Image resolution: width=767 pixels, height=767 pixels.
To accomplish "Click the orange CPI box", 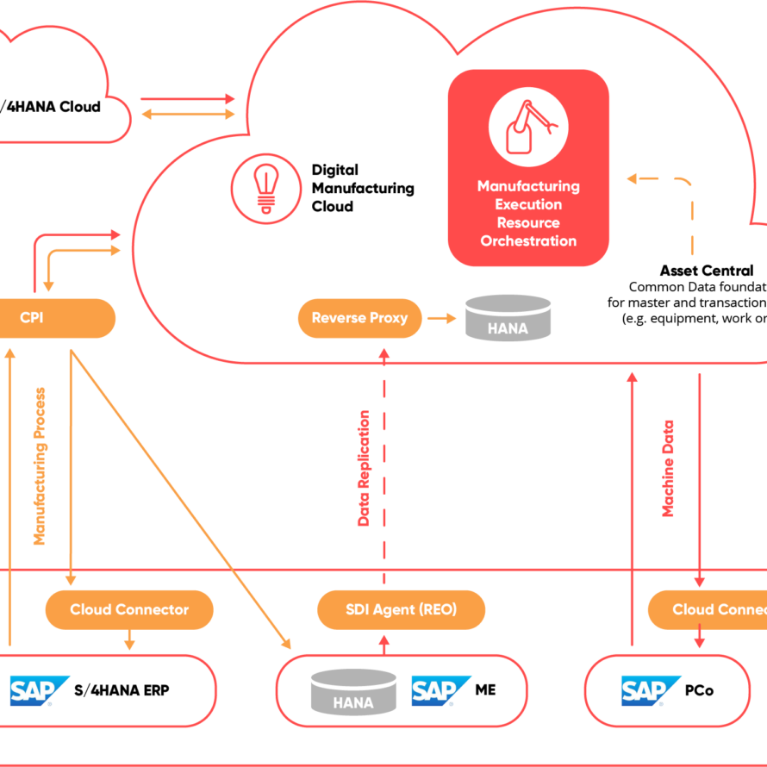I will [52, 318].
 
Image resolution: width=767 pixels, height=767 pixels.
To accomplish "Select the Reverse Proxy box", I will [359, 318].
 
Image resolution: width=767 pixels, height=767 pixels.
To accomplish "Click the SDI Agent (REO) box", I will [401, 609].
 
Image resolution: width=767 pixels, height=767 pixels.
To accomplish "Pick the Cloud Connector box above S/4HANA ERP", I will [129, 609].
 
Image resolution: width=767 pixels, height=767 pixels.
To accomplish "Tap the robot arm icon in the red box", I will [527, 127].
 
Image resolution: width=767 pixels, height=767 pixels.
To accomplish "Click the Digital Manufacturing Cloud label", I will [362, 188].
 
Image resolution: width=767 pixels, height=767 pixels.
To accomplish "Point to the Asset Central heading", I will [707, 271].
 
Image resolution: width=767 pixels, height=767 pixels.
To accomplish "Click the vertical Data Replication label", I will [364, 468].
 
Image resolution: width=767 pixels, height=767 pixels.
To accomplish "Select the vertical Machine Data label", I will [668, 468].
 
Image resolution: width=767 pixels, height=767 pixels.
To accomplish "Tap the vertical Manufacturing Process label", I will [39, 465].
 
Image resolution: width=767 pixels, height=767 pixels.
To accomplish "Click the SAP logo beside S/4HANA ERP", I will [39, 690].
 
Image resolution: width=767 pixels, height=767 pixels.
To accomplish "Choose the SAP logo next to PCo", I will [651, 690].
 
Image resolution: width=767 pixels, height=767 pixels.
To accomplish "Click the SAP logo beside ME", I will [440, 690].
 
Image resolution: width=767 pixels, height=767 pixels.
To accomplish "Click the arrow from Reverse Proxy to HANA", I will [441, 318].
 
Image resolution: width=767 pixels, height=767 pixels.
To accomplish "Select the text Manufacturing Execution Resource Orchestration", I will [528, 214].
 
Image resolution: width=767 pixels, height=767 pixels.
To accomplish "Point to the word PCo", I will [700, 690].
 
